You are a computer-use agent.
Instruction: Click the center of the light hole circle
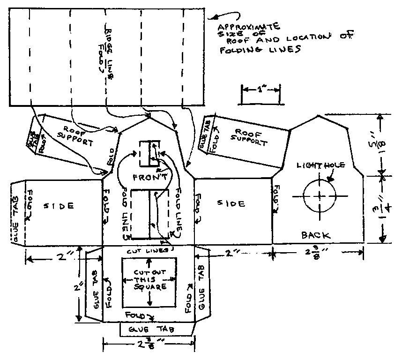[x=319, y=195]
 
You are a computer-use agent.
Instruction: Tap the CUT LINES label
[x=148, y=252]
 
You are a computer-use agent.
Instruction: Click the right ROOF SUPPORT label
[x=250, y=135]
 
